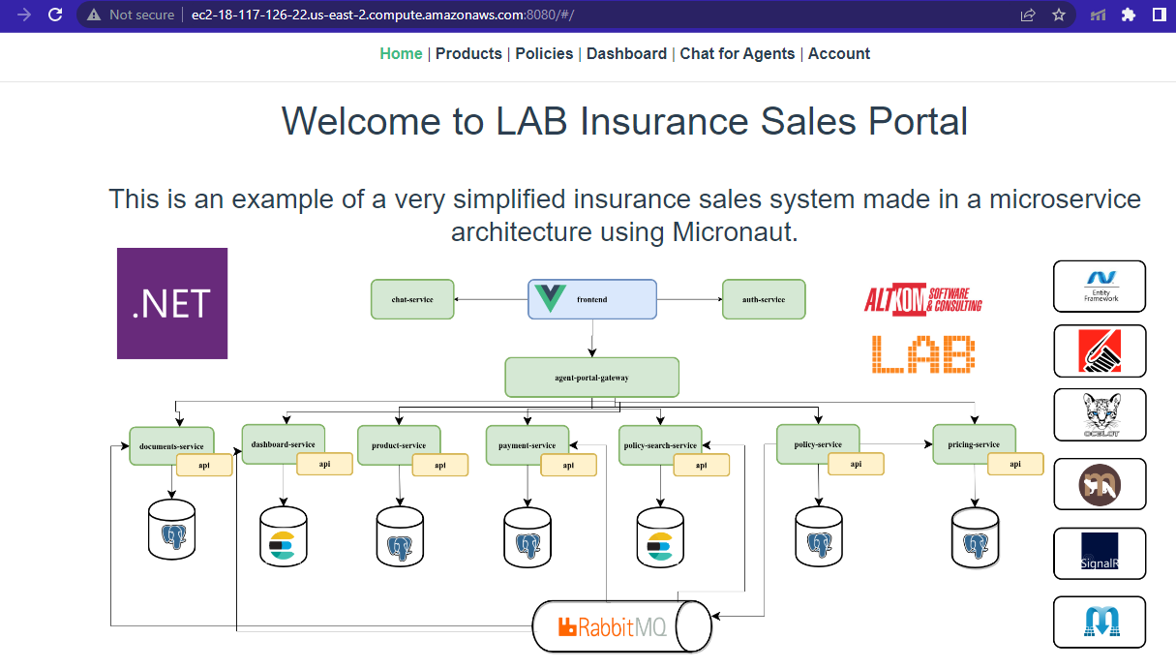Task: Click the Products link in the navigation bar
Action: pos(468,54)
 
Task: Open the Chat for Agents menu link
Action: pos(738,54)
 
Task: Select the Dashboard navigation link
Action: pos(626,54)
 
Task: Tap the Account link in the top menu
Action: pos(839,54)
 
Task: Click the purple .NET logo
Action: pos(172,303)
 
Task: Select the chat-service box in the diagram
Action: pos(412,299)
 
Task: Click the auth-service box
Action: pos(764,299)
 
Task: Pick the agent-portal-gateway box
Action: pos(592,377)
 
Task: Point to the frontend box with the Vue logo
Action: pos(592,299)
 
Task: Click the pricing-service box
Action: pos(974,443)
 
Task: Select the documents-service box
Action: pos(170,445)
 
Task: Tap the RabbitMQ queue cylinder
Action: pos(622,626)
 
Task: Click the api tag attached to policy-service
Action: pos(856,464)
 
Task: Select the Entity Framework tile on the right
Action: pos(1100,287)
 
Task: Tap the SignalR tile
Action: pos(1100,554)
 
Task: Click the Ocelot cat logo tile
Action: pos(1100,414)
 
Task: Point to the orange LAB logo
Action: pos(923,354)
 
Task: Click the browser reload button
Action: pos(55,15)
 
